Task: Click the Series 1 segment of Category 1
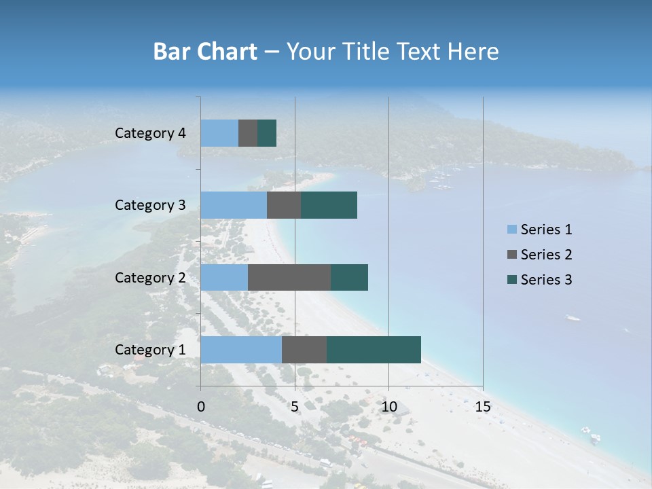tap(241, 350)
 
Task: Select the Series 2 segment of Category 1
tap(304, 350)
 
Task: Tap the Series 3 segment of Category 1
tap(374, 350)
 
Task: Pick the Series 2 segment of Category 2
tap(289, 277)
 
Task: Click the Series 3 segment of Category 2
tap(349, 277)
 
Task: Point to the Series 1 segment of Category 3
tap(234, 205)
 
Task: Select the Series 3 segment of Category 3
tap(329, 205)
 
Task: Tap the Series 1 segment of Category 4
tap(219, 133)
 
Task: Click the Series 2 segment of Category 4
tap(248, 133)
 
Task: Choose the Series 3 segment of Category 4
tap(267, 133)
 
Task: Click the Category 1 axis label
tap(150, 350)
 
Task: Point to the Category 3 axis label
tap(150, 205)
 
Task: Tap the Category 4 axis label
tap(150, 133)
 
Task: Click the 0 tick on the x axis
tap(201, 407)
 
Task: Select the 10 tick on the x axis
tap(388, 407)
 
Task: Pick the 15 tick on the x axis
tap(483, 407)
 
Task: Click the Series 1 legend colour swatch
tap(511, 230)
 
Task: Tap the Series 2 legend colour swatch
tap(511, 255)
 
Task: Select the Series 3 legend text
tap(546, 280)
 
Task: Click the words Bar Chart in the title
tap(205, 52)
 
